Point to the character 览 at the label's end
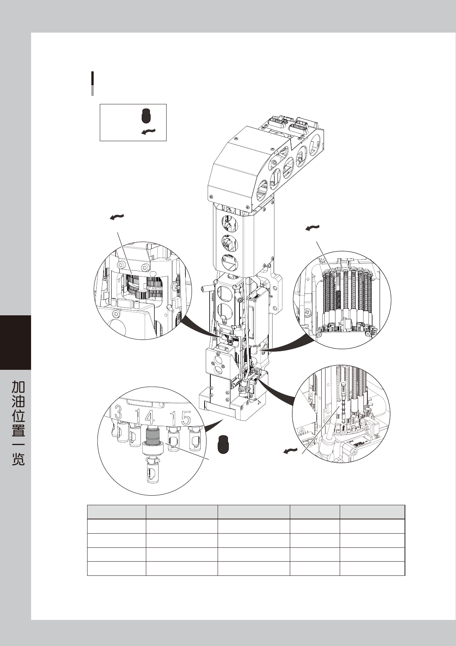pos(18,458)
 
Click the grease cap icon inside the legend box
pos(146,115)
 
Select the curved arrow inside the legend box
pos(149,132)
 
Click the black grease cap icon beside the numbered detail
pos(223,444)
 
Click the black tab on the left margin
pos(15,342)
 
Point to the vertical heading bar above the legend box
pos(93,83)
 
